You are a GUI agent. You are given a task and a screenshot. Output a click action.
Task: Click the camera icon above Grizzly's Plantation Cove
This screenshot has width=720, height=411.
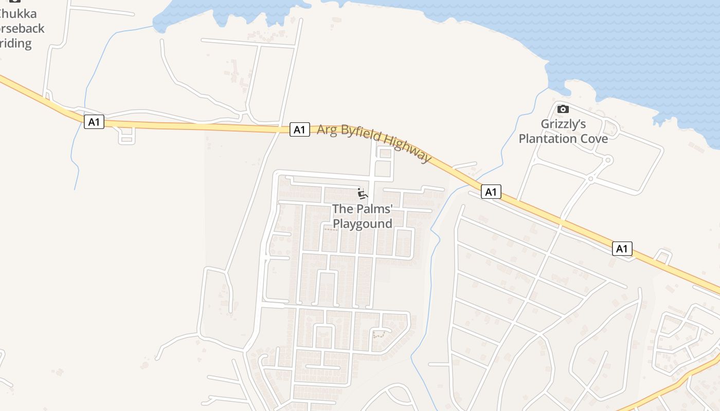pos(563,109)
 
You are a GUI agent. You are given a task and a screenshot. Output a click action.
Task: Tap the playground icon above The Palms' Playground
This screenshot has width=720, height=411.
pos(363,194)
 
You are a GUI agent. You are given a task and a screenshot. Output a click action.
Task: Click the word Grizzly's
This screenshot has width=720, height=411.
pos(563,124)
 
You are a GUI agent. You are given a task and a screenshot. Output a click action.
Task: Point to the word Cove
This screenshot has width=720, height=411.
pos(594,139)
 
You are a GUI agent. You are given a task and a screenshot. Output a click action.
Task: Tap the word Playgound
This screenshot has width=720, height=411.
pos(363,223)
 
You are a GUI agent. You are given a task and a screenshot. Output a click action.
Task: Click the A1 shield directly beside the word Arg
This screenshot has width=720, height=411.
pos(299,129)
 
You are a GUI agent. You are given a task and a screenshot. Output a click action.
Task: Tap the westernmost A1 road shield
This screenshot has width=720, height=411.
pos(94,122)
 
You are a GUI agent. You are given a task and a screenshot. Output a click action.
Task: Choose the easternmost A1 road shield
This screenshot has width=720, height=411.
pos(622,249)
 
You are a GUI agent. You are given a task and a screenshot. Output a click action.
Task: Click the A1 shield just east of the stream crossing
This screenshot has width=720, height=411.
pos(491,192)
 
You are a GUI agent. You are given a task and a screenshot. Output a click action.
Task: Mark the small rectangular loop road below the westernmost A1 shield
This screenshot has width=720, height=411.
pos(127,136)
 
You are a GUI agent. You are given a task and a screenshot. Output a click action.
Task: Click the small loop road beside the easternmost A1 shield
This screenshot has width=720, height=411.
pos(663,256)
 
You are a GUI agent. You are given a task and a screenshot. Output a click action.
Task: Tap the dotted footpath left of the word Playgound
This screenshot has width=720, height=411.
pos(332,230)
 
